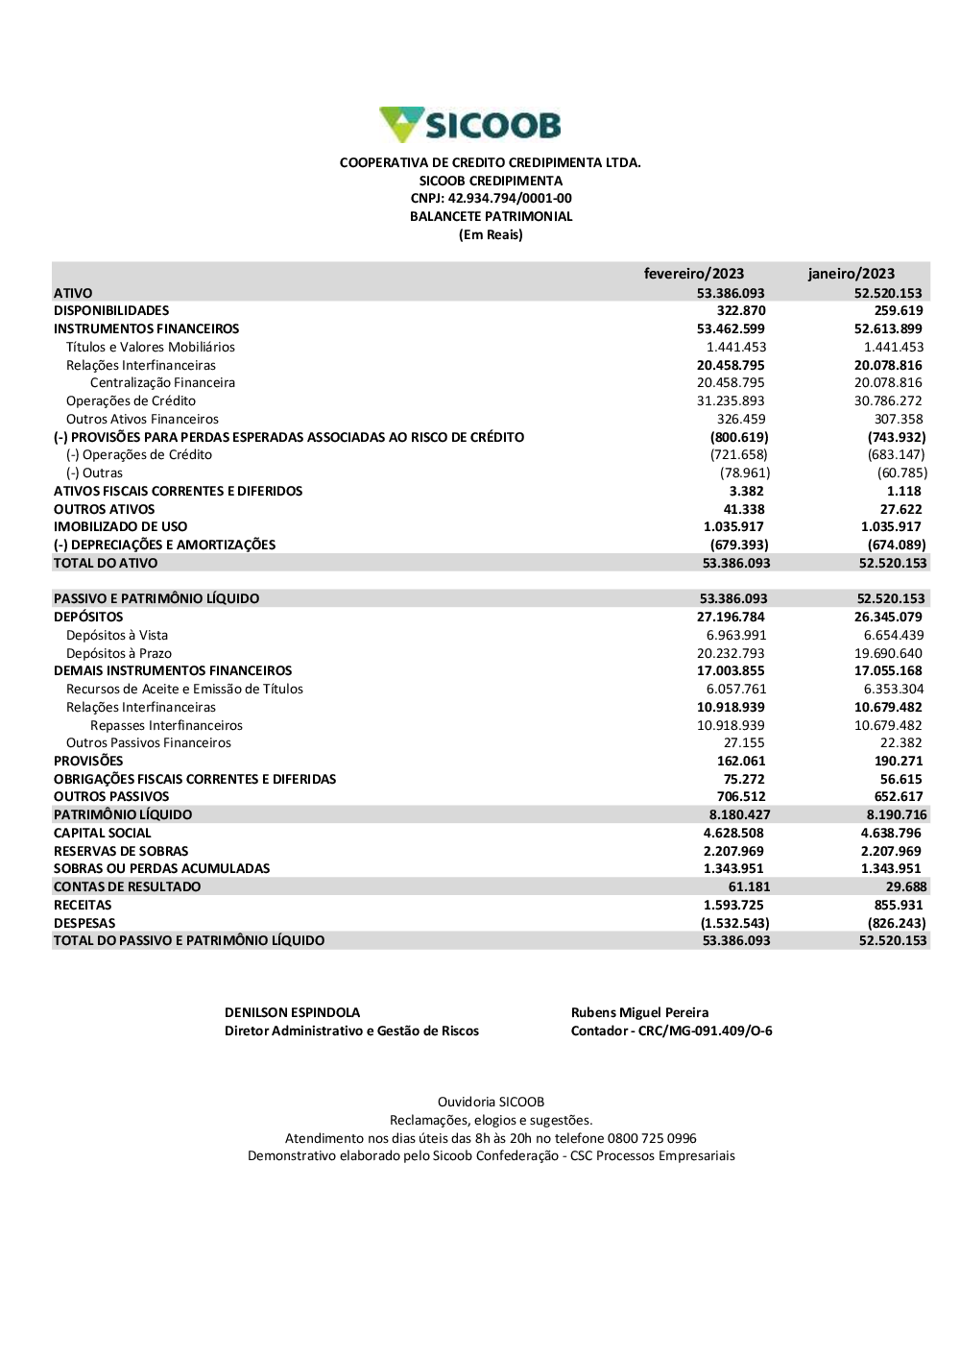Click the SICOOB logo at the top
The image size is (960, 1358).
point(470,125)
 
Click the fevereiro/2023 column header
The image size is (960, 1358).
point(693,274)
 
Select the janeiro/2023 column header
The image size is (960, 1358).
point(851,274)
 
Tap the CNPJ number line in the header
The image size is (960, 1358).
point(491,199)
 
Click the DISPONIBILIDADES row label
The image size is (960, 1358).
point(111,311)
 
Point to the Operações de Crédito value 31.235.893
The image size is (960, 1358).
point(731,401)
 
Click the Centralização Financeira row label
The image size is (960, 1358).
point(162,383)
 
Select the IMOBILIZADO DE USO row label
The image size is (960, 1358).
point(120,527)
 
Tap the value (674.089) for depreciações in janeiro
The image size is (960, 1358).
point(897,546)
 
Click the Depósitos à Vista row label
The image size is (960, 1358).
point(116,636)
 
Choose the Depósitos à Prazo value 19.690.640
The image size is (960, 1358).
point(888,654)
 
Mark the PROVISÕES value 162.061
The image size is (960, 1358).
point(741,762)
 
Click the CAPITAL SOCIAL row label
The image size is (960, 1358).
point(102,834)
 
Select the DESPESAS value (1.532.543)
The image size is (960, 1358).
point(734,924)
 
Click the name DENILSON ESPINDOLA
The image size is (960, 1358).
point(292,1013)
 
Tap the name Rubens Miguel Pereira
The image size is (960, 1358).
point(639,1013)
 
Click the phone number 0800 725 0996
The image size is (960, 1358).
point(652,1139)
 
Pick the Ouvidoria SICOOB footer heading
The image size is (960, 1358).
point(491,1103)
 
